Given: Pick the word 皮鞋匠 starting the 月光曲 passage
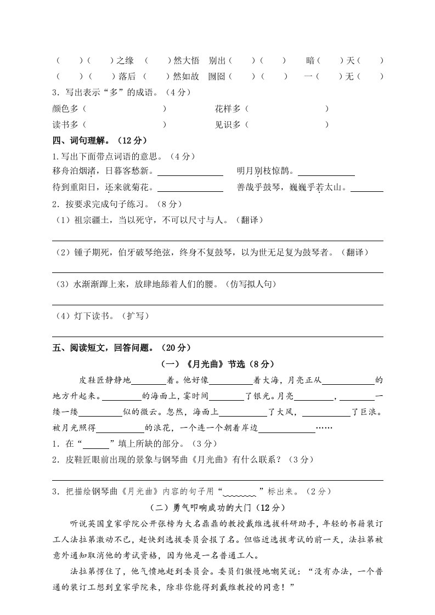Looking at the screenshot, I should [x=92, y=379].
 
